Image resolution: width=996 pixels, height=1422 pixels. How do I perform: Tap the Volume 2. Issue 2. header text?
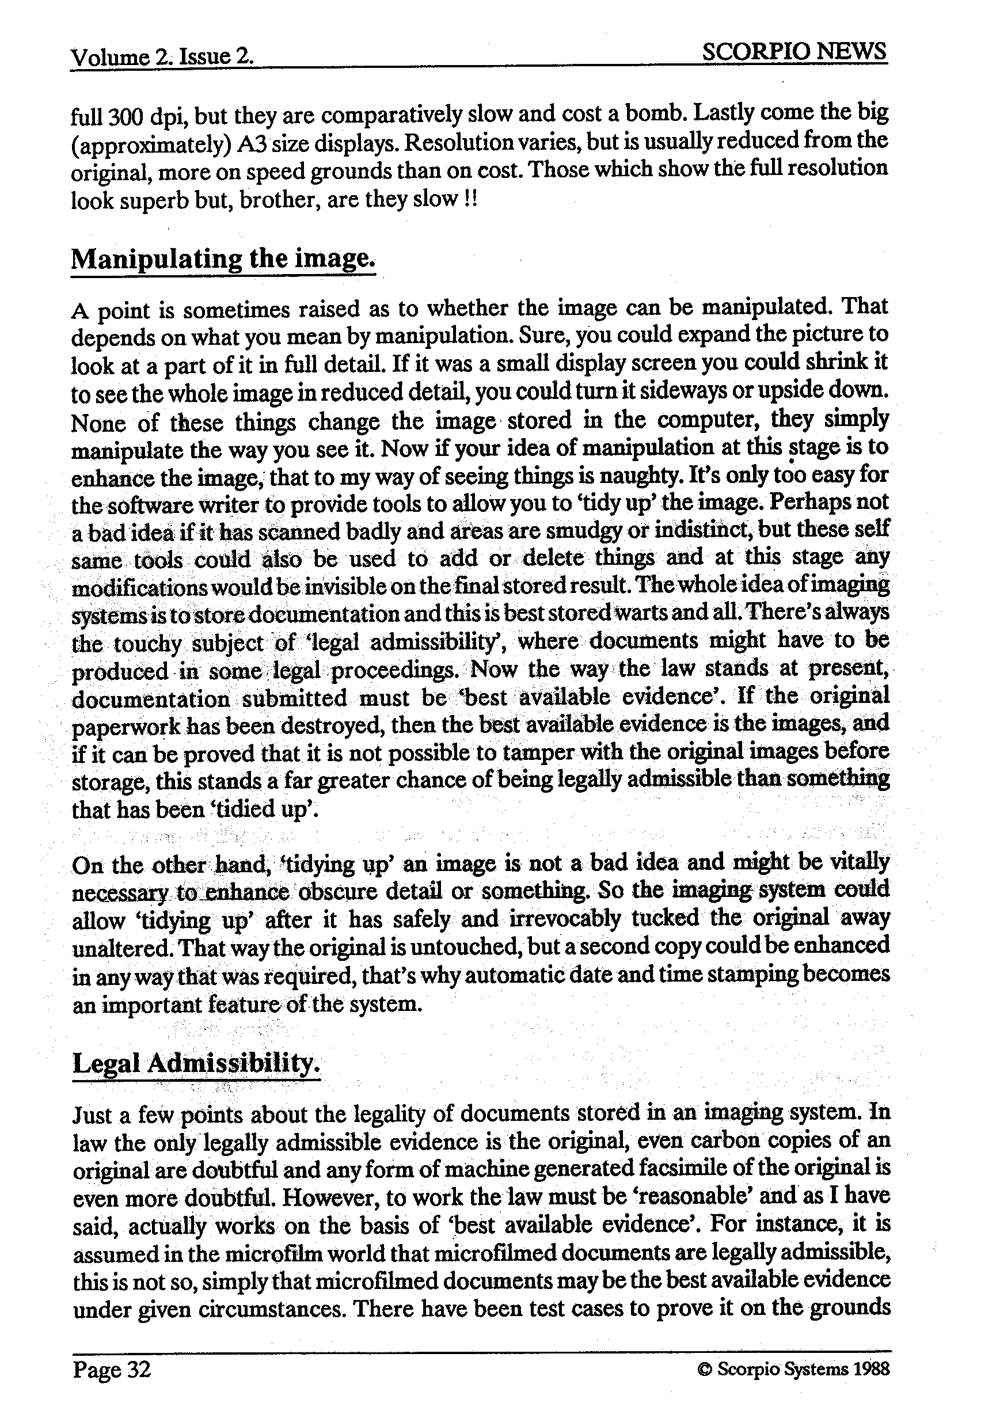(x=162, y=57)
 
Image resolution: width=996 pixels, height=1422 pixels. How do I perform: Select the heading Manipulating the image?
(x=223, y=258)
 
